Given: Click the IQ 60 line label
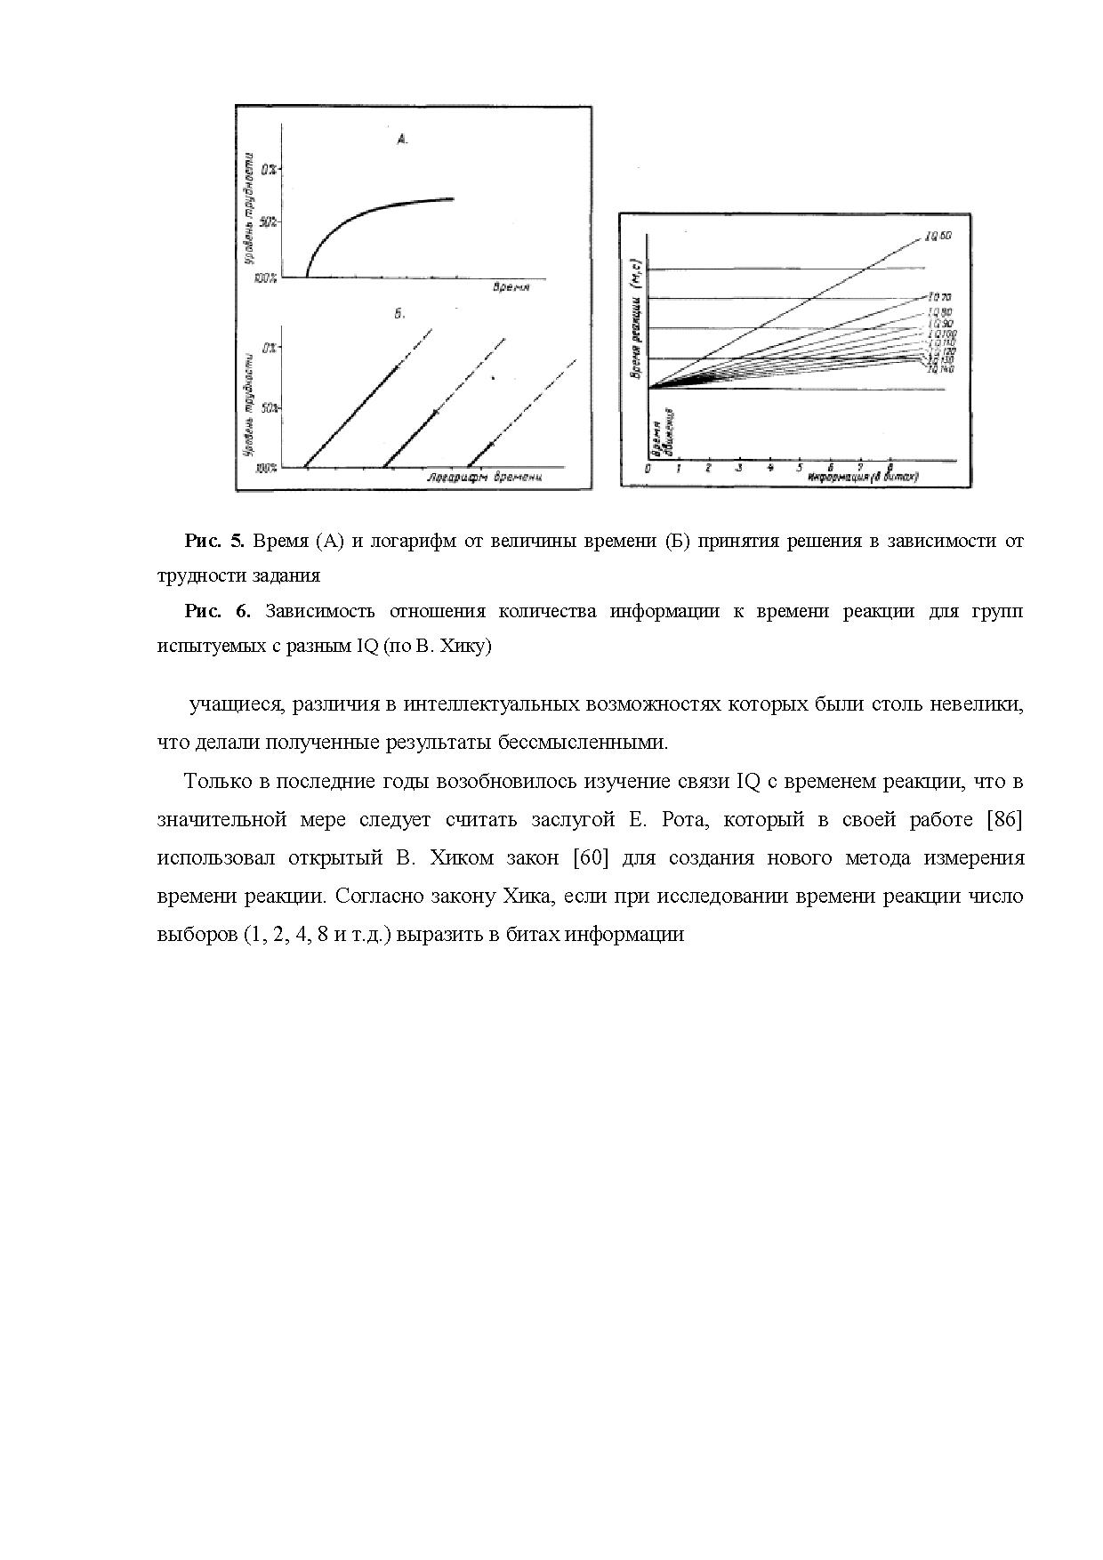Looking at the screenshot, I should (x=938, y=236).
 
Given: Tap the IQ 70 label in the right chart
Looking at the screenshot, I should (x=939, y=296).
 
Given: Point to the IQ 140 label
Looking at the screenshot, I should (x=941, y=368).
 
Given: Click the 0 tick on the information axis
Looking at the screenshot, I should (x=648, y=468).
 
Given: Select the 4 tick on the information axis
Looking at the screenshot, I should (x=769, y=468).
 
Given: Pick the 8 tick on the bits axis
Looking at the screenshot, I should (x=890, y=468).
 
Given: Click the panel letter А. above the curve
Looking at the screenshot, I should (x=402, y=139).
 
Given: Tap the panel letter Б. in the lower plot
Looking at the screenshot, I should (x=399, y=313).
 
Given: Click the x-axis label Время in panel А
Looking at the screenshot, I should (x=512, y=287).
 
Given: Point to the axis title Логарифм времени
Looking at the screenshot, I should (x=484, y=478).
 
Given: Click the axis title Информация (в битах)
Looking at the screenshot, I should (x=863, y=478).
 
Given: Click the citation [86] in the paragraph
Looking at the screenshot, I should (x=1005, y=819).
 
